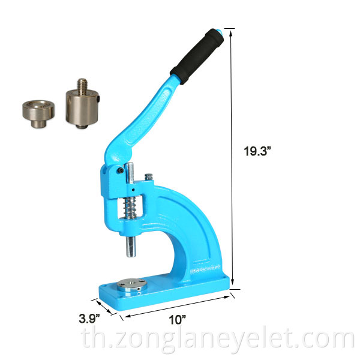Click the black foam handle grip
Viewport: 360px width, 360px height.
[197, 56]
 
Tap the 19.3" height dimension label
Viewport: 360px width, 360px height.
[257, 151]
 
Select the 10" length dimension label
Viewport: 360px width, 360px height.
[177, 320]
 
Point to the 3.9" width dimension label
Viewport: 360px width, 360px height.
[89, 319]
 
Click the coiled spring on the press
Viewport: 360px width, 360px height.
[130, 208]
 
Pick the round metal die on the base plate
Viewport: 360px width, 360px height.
[132, 286]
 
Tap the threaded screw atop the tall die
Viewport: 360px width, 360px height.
[82, 86]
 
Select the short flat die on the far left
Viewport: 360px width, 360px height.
[38, 113]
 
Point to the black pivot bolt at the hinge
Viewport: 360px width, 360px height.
[120, 170]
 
